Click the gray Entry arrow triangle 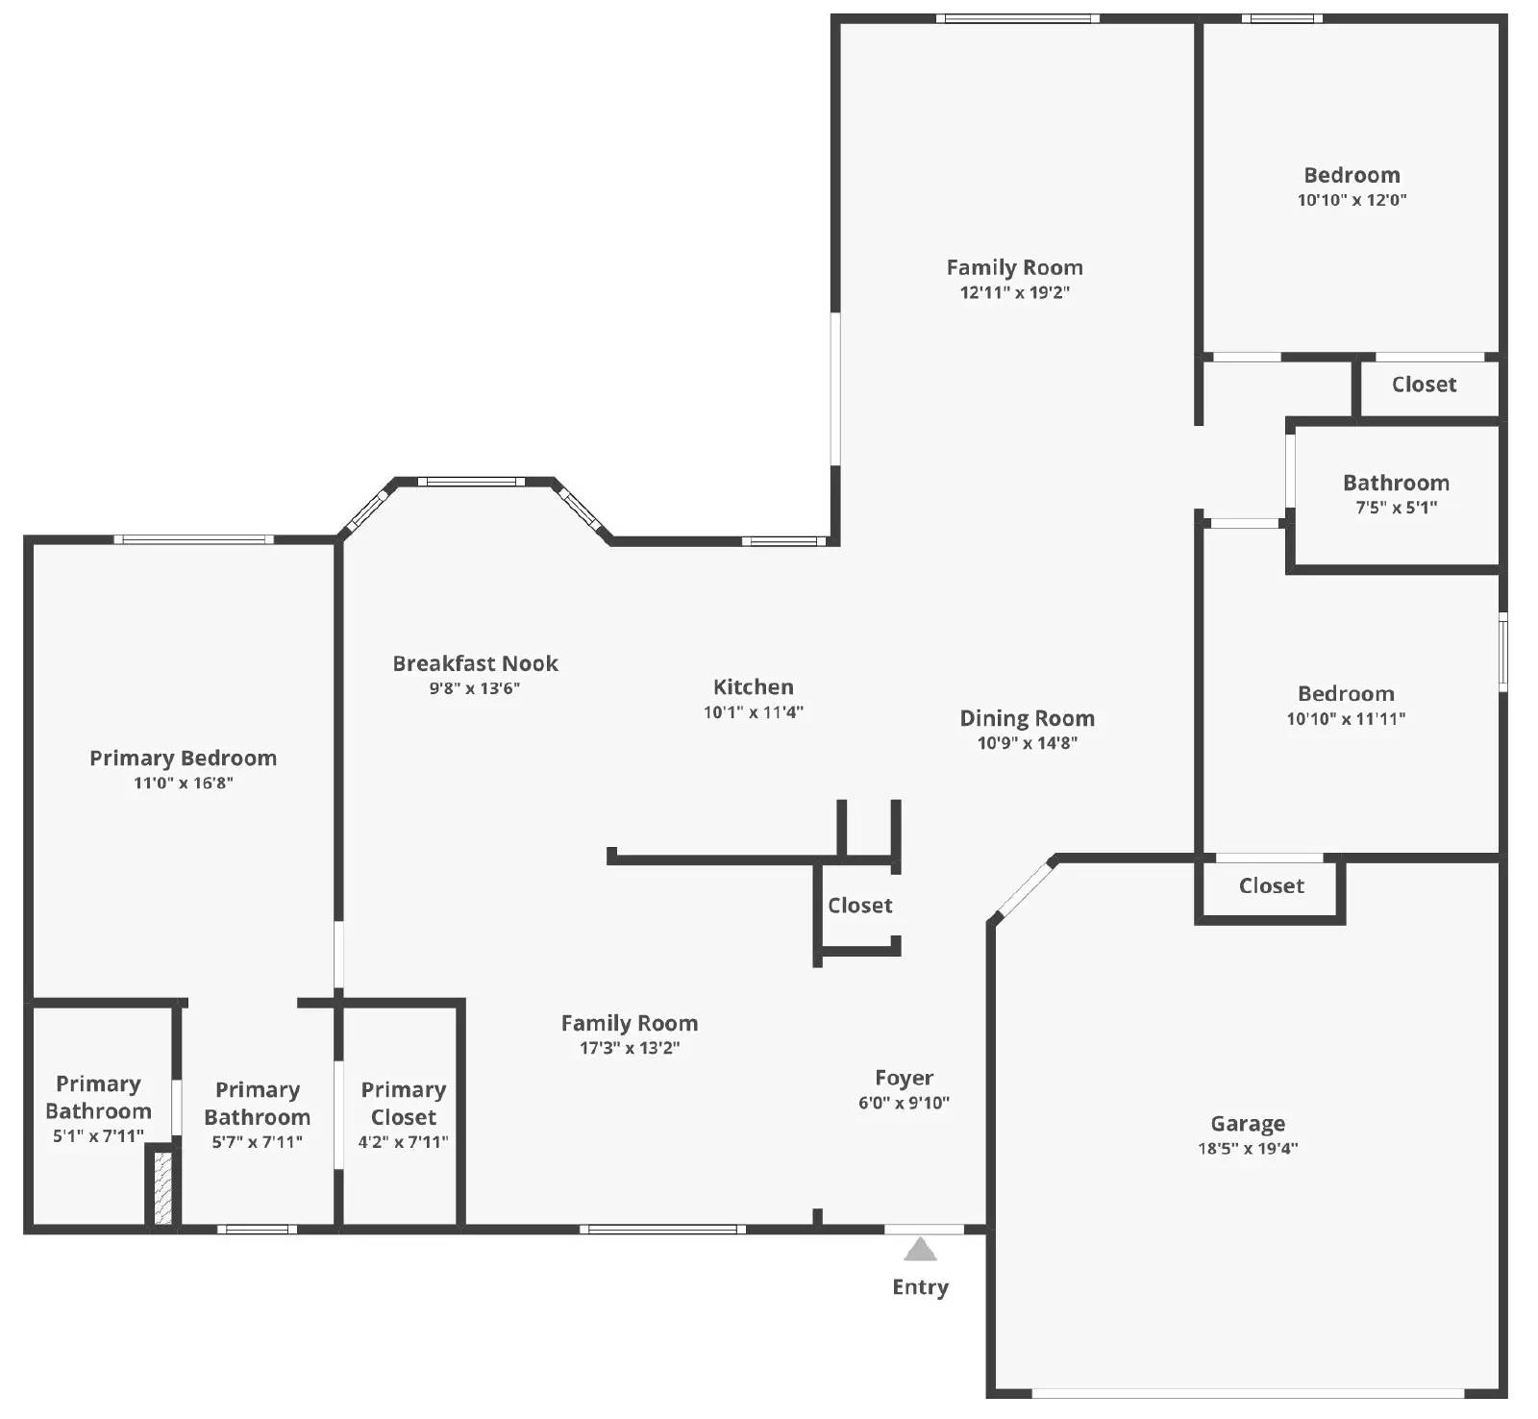[x=920, y=1249]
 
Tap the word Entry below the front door [x=920, y=1287]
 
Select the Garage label [x=1248, y=1124]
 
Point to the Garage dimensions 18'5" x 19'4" [x=1248, y=1148]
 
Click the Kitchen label [x=754, y=686]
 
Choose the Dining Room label [x=1027, y=718]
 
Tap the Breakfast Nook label [x=475, y=663]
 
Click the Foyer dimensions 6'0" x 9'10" [x=904, y=1103]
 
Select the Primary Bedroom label [x=183, y=759]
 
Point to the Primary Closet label [x=404, y=1103]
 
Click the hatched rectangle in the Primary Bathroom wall [x=163, y=1187]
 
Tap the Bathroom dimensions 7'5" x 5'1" [x=1396, y=508]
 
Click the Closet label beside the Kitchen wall [x=859, y=906]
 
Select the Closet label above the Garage [x=1271, y=886]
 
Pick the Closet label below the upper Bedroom [x=1424, y=385]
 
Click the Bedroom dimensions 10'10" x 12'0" [x=1352, y=200]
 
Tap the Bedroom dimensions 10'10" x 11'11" [x=1346, y=718]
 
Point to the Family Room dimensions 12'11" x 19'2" [x=1014, y=292]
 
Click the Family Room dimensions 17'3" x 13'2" [x=629, y=1048]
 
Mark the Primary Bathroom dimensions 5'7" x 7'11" [x=257, y=1142]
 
